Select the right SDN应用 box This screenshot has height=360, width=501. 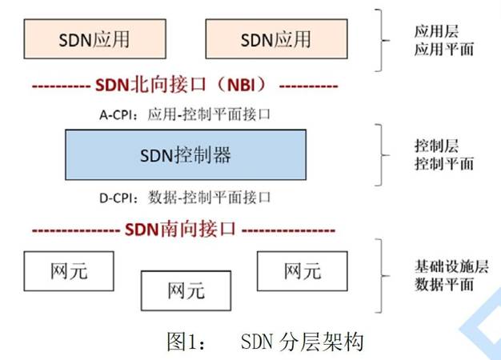[x=275, y=39]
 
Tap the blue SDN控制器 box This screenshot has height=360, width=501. [x=185, y=154]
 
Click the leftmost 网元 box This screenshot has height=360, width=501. [x=67, y=271]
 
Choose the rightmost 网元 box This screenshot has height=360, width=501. [x=302, y=271]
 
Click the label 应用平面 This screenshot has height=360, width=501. [x=433, y=50]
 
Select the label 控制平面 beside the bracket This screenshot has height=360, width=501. [x=433, y=163]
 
